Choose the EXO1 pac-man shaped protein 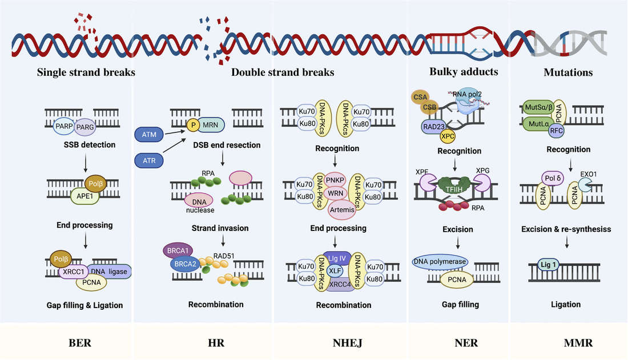click(585, 183)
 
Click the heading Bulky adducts click(464, 72)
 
